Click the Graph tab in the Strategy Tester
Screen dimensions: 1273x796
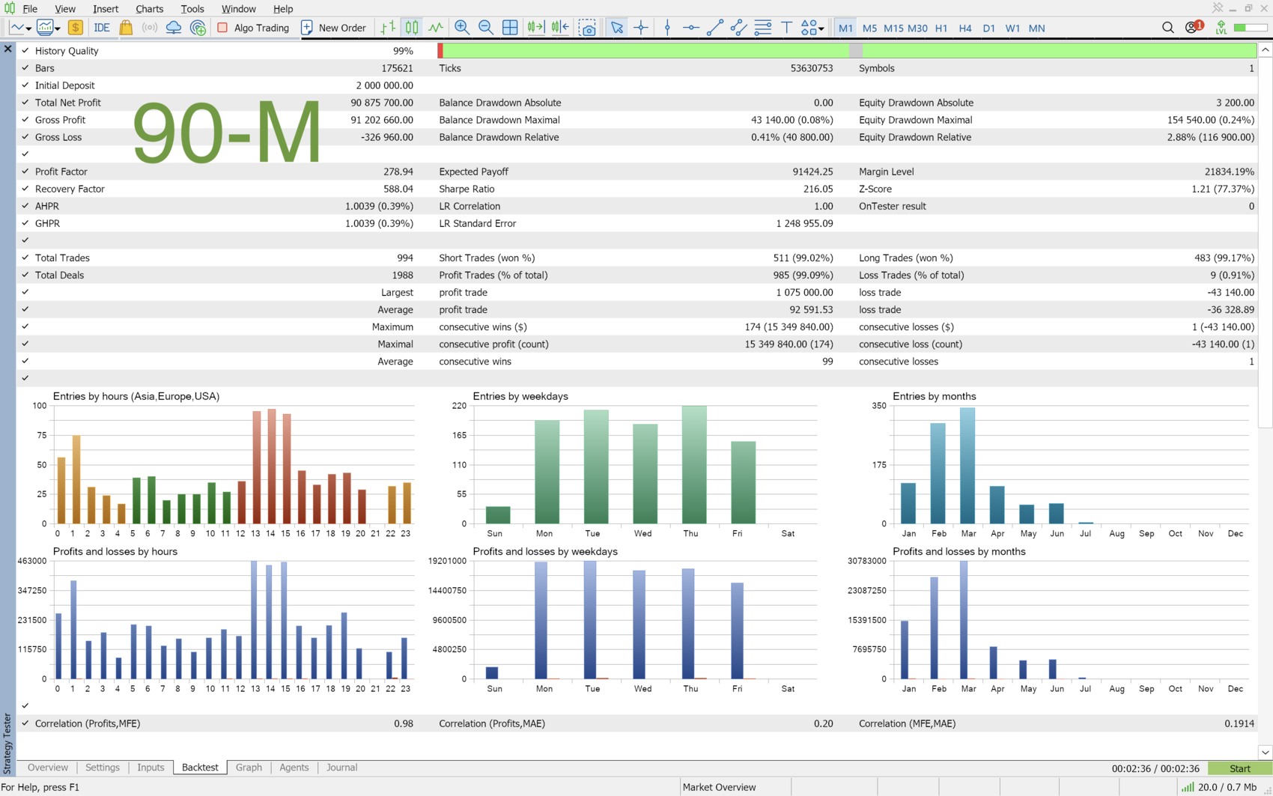coord(249,767)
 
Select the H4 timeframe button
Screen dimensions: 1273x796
coord(964,28)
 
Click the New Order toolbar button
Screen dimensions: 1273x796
coord(333,28)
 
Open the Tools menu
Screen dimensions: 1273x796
coord(192,8)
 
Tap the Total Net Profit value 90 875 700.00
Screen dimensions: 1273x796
coord(381,103)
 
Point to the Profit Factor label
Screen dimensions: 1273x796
coord(60,171)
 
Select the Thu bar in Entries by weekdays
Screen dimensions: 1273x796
coord(694,465)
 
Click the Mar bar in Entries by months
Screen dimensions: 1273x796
coord(967,465)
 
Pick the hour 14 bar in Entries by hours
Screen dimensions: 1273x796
coord(272,467)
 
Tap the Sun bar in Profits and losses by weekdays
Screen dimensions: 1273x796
coord(492,672)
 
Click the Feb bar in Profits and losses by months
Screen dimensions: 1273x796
coord(934,628)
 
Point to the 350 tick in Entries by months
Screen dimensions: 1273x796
coord(878,406)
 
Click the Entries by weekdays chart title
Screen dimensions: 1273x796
coord(520,396)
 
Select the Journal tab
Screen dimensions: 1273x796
coord(341,767)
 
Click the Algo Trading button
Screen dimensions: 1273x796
coord(253,28)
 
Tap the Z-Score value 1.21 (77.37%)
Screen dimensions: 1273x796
coord(1222,189)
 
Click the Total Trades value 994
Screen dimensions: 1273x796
coord(404,258)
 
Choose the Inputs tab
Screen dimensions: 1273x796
coord(151,767)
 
